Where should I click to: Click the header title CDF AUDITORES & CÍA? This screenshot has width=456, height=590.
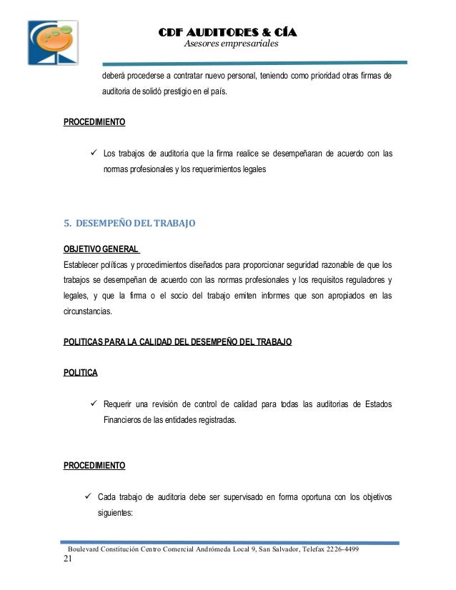[227, 33]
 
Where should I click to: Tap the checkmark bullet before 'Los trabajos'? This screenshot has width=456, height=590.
[93, 153]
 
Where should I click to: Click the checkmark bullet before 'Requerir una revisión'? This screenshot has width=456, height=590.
[93, 405]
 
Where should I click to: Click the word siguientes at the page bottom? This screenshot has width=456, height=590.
[118, 512]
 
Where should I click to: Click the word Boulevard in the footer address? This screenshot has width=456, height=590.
[81, 549]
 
